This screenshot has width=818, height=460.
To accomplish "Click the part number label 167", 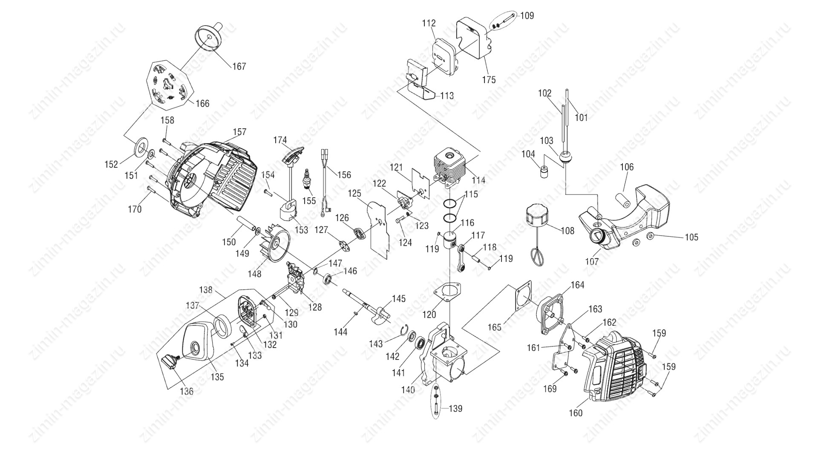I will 239,66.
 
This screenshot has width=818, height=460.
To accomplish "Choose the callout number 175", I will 489,80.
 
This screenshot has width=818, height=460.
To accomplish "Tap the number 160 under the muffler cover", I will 576,413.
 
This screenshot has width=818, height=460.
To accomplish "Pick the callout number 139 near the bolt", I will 455,408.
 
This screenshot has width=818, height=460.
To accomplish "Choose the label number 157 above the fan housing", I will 239,132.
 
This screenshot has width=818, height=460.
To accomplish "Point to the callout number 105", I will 691,237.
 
